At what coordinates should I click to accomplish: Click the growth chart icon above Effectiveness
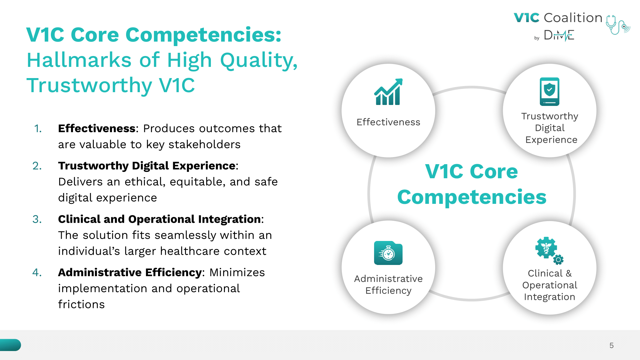click(x=388, y=92)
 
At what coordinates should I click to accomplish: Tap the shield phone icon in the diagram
click(x=549, y=92)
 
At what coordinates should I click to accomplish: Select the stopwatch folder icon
click(x=388, y=253)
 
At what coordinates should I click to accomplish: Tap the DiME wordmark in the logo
click(x=559, y=35)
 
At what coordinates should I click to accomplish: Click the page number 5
click(x=612, y=346)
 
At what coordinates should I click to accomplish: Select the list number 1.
click(x=38, y=128)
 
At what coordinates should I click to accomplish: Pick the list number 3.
click(x=37, y=219)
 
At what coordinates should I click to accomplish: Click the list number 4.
click(x=37, y=272)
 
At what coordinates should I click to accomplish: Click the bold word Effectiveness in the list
click(x=97, y=128)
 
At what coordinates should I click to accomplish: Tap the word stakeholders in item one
click(x=204, y=144)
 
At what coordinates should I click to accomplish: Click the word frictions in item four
click(x=81, y=304)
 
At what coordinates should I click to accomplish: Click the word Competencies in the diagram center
click(x=472, y=197)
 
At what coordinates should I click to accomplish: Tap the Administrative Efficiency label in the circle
click(x=388, y=284)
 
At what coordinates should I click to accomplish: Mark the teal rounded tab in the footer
click(x=11, y=345)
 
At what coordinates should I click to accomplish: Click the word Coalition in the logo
click(x=573, y=18)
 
